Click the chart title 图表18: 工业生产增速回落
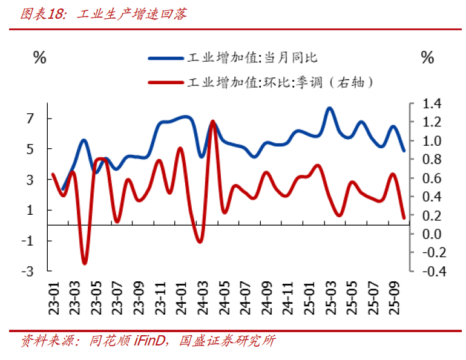(x=103, y=13)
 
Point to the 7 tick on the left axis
(x=29, y=119)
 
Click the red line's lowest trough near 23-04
(x=85, y=263)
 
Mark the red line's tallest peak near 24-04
(x=213, y=122)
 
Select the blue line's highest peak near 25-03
(x=330, y=108)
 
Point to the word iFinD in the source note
(x=149, y=341)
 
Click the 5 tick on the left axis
(x=29, y=149)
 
